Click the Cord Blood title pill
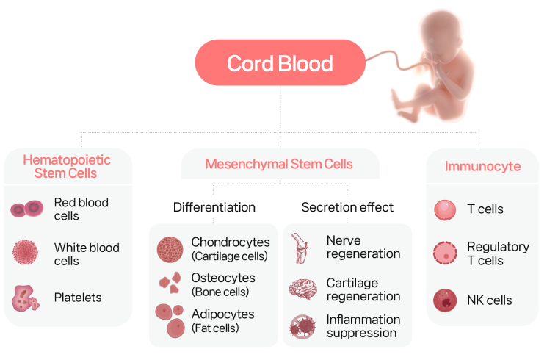pyautogui.click(x=280, y=62)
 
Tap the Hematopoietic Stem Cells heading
pyautogui.click(x=67, y=166)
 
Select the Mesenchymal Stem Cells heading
pyautogui.click(x=279, y=164)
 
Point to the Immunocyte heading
pyautogui.click(x=482, y=166)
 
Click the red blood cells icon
pyautogui.click(x=27, y=209)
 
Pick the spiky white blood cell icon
pyautogui.click(x=25, y=252)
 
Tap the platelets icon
pyautogui.click(x=25, y=298)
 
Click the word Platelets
pyautogui.click(x=78, y=298)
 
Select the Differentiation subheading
pyautogui.click(x=214, y=207)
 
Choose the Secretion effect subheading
pyautogui.click(x=347, y=207)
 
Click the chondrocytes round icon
pyautogui.click(x=170, y=250)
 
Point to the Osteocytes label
pyautogui.click(x=223, y=278)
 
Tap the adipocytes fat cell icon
pyautogui.click(x=170, y=320)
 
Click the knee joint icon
pyautogui.click(x=300, y=248)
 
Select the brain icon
pyautogui.click(x=302, y=289)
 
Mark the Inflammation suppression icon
pyautogui.click(x=302, y=326)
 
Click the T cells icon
pyautogui.click(x=445, y=209)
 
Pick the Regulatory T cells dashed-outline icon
pyautogui.click(x=445, y=253)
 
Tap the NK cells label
pyautogui.click(x=489, y=300)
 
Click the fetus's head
pyautogui.click(x=441, y=35)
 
